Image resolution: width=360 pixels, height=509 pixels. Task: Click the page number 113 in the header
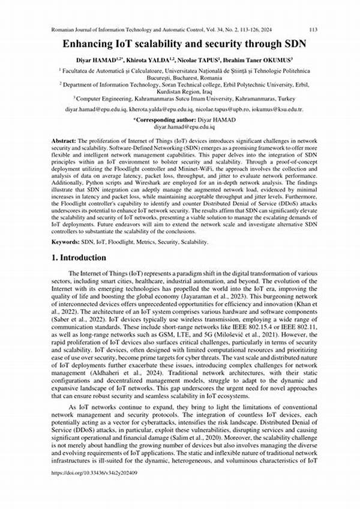(x=312, y=29)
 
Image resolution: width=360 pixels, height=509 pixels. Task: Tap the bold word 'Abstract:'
(x=63, y=139)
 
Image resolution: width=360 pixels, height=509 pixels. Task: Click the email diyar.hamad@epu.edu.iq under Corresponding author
(x=180, y=128)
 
